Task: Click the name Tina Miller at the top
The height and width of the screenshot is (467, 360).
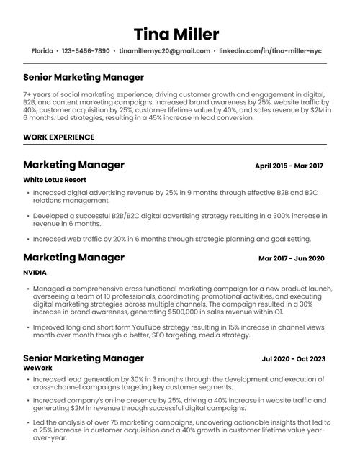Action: tap(176, 34)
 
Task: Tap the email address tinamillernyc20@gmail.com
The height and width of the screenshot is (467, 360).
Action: tap(165, 52)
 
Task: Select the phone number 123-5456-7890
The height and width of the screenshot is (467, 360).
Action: tap(86, 52)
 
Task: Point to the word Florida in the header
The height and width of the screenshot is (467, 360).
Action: tap(43, 52)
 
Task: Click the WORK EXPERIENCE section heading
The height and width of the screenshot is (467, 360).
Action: tap(58, 137)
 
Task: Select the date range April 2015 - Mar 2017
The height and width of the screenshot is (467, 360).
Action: tap(289, 166)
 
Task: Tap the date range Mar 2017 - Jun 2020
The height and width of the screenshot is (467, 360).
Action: tap(292, 258)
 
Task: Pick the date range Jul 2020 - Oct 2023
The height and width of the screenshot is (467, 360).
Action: tap(293, 358)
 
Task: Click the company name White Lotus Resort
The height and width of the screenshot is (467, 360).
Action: tap(55, 179)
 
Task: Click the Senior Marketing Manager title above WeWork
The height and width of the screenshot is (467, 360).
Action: tap(84, 358)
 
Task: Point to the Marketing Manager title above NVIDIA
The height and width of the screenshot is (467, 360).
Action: tap(73, 258)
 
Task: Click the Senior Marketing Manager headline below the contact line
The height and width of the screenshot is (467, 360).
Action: tap(84, 77)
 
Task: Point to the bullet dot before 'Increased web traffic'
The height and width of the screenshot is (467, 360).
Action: tap(28, 238)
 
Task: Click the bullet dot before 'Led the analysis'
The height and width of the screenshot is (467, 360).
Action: tap(28, 423)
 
